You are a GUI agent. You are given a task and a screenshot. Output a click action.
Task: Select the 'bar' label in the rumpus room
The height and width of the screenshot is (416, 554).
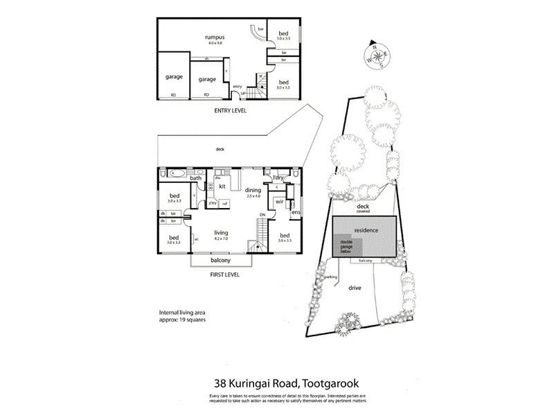(x=261, y=29)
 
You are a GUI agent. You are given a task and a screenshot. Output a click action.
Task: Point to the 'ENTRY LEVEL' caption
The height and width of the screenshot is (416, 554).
(x=229, y=110)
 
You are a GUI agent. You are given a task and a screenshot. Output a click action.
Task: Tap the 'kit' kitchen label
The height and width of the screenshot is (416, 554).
(x=223, y=187)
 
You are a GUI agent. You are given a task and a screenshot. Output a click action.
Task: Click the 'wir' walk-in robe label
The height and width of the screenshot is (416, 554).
(x=280, y=202)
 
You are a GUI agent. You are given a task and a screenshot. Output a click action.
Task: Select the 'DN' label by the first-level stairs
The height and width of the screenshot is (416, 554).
(x=262, y=215)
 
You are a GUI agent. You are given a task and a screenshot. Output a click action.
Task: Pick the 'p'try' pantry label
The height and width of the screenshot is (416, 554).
(x=213, y=202)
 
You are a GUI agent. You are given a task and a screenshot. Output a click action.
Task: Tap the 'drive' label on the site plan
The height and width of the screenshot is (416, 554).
(x=355, y=286)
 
